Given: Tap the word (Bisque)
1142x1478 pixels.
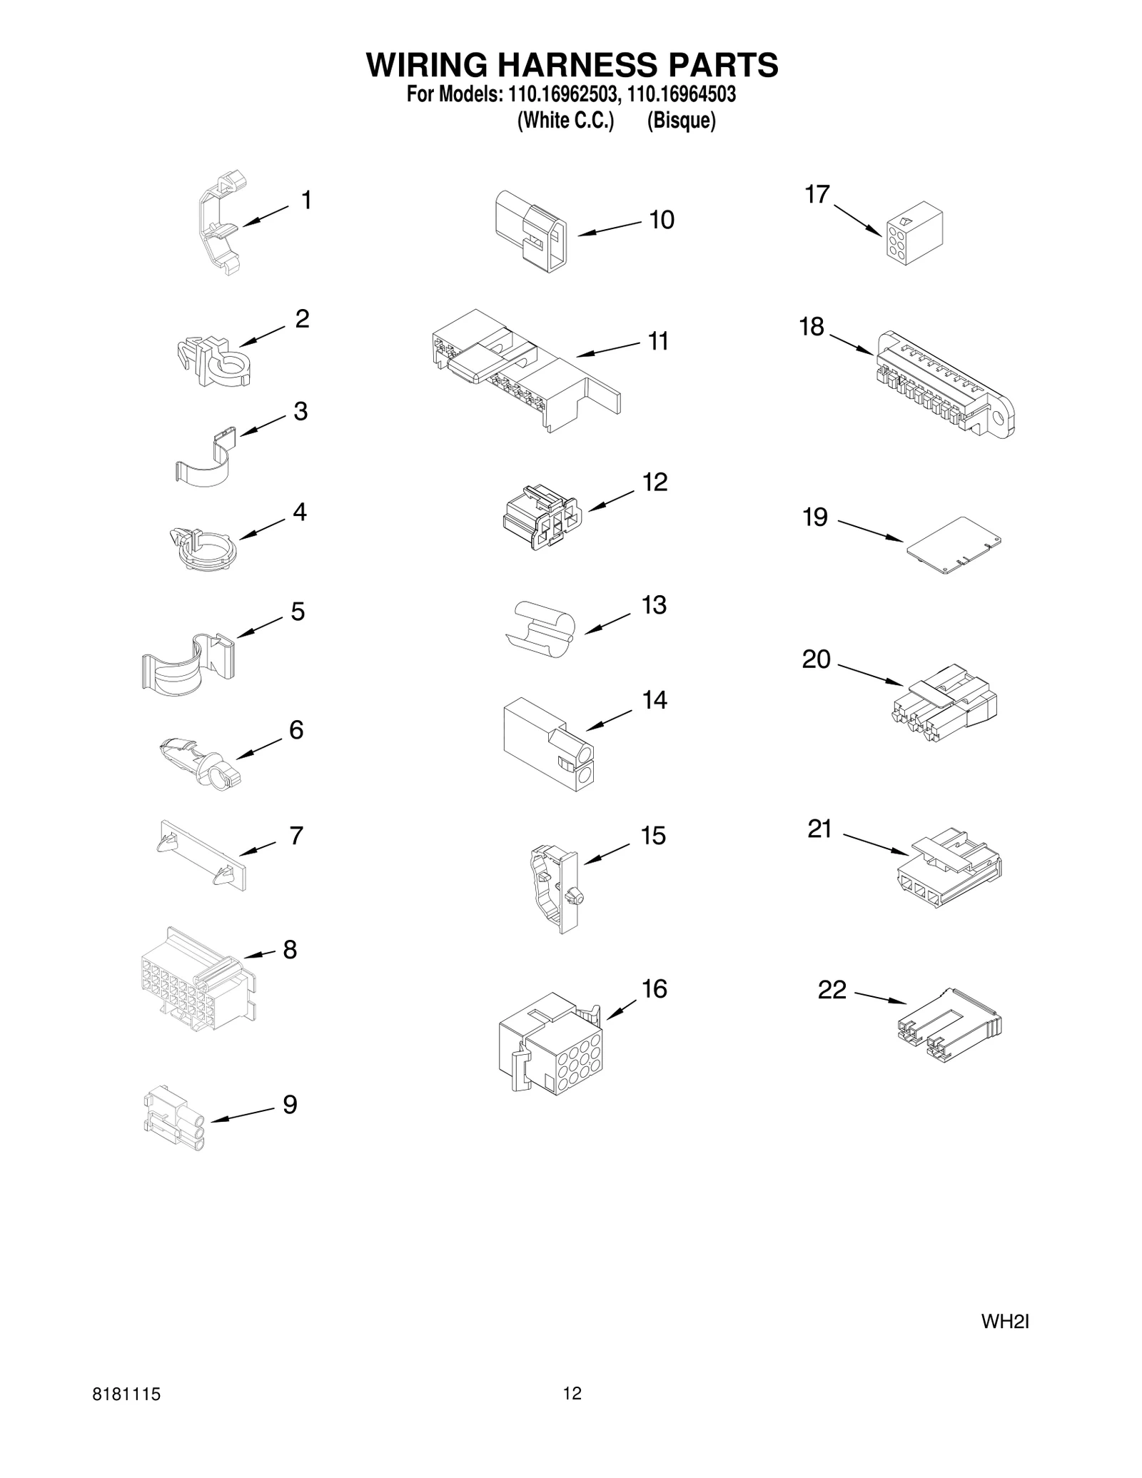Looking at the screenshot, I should point(681,121).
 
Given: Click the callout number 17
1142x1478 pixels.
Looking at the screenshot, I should point(817,194).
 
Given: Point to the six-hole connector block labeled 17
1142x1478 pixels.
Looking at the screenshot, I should point(914,238).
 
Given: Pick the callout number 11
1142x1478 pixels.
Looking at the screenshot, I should point(658,341).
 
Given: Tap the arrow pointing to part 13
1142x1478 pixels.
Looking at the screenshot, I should point(607,623).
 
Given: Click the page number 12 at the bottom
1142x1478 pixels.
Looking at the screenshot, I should point(572,1393).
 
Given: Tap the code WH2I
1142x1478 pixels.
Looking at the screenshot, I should point(1005,1322).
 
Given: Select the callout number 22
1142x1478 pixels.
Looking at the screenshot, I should point(832,990).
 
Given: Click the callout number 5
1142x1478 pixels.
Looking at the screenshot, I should point(298,612).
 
